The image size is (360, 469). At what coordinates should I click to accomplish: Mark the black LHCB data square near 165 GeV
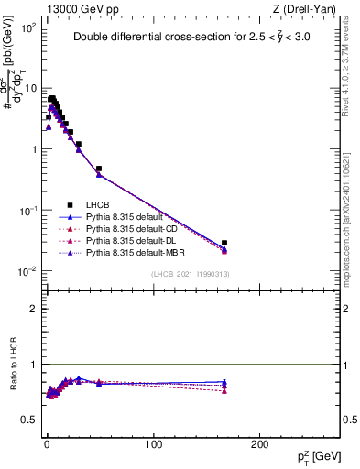click(224, 243)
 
